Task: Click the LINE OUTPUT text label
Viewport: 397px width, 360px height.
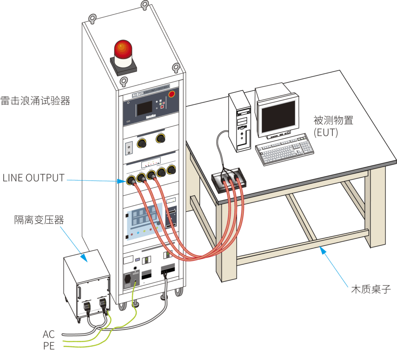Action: (33, 178)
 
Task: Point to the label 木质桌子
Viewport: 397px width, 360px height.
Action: (369, 289)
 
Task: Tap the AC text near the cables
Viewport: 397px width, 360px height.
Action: (49, 334)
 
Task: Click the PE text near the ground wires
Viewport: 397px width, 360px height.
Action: (49, 346)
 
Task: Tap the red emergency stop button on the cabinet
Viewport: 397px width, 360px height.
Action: (172, 94)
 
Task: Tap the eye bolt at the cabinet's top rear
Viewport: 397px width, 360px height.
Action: (144, 5)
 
